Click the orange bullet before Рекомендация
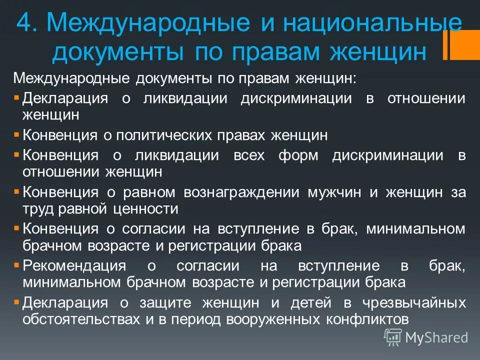pyautogui.click(x=17, y=263)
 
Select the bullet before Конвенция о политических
pyautogui.click(x=17, y=132)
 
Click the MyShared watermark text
pyautogui.click(x=436, y=337)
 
